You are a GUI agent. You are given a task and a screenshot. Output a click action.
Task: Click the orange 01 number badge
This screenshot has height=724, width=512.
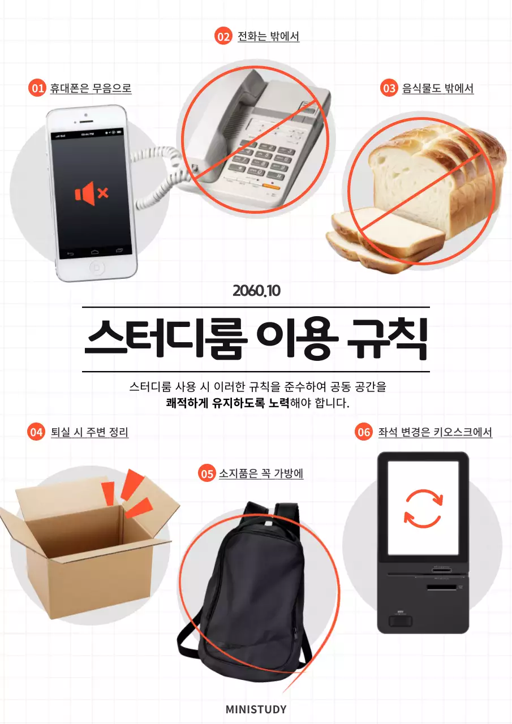tap(37, 88)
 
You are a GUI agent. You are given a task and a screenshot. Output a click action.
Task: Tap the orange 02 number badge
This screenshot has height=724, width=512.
tap(224, 36)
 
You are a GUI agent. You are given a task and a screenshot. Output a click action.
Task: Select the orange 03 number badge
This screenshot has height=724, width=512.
tap(389, 88)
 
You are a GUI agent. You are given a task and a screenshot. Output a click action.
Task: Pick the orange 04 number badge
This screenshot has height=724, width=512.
tap(36, 432)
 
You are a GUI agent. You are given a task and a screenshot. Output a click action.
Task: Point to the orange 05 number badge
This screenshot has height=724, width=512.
tap(207, 473)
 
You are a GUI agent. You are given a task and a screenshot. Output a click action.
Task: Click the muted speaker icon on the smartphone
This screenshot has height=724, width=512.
tap(91, 193)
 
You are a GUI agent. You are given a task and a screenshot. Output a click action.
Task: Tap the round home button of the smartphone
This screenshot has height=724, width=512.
tap(97, 267)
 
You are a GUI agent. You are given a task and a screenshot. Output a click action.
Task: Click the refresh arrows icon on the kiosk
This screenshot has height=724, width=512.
tap(423, 508)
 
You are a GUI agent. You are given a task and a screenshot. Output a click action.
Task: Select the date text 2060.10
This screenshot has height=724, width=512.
tap(256, 291)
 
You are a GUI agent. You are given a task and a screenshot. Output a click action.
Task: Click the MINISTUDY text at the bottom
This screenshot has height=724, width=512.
tap(256, 709)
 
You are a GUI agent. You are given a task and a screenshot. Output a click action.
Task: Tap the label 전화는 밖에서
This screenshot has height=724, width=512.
tap(268, 36)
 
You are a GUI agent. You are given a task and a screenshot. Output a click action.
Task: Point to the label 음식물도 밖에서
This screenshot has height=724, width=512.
tap(437, 88)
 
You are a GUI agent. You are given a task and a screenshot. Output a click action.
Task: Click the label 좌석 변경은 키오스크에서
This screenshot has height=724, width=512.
tap(435, 432)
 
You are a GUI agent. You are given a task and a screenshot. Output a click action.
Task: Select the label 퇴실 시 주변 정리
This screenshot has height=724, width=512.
tap(89, 432)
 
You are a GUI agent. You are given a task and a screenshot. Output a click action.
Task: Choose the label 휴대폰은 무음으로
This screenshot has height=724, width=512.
tap(91, 88)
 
